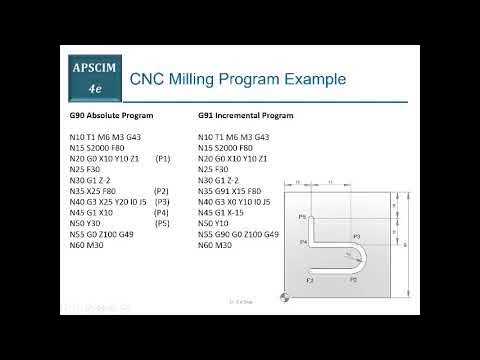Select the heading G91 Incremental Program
[x=245, y=116]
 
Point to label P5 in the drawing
[x=302, y=216]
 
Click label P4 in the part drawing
[x=303, y=241]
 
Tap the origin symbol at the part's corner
[x=285, y=297]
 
